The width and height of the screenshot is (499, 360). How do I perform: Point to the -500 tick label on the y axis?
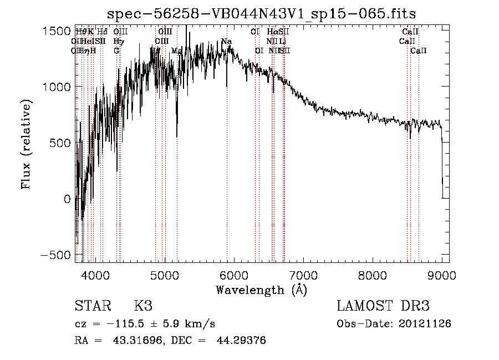pyautogui.click(x=53, y=255)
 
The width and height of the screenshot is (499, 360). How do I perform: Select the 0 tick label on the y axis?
pyautogui.click(x=67, y=199)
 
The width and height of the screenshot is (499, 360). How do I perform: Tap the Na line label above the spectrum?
pyautogui.click(x=226, y=41)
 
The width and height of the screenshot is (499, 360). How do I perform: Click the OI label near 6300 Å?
pyautogui.click(x=259, y=50)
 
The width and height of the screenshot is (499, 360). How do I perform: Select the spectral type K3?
pyautogui.click(x=142, y=306)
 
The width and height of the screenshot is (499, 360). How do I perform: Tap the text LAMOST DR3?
pyautogui.click(x=383, y=306)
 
